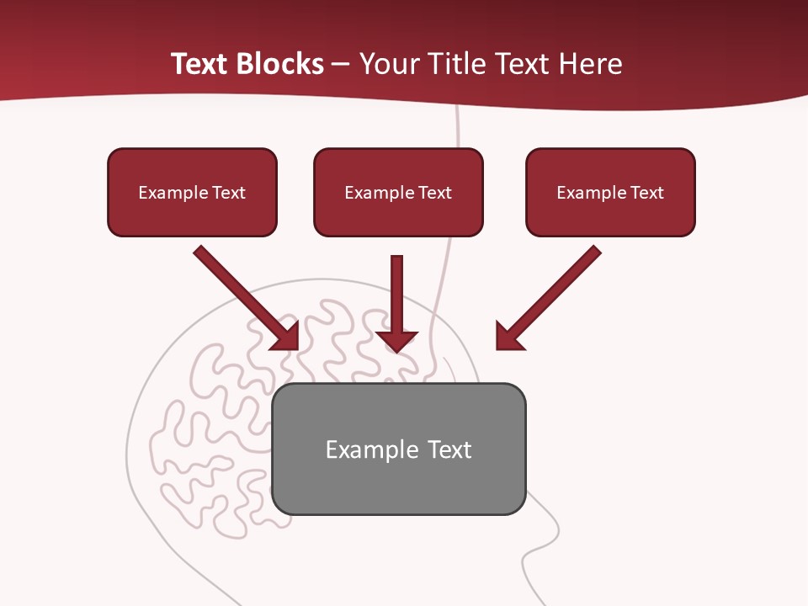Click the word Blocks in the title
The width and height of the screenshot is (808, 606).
280,64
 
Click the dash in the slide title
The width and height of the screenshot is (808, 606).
342,65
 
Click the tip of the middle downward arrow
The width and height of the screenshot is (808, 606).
397,348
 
